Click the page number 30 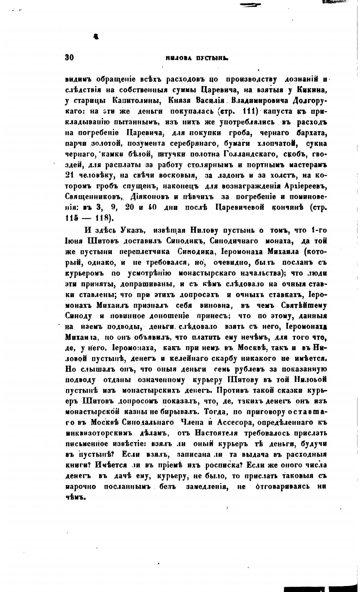69,57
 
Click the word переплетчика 145,252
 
